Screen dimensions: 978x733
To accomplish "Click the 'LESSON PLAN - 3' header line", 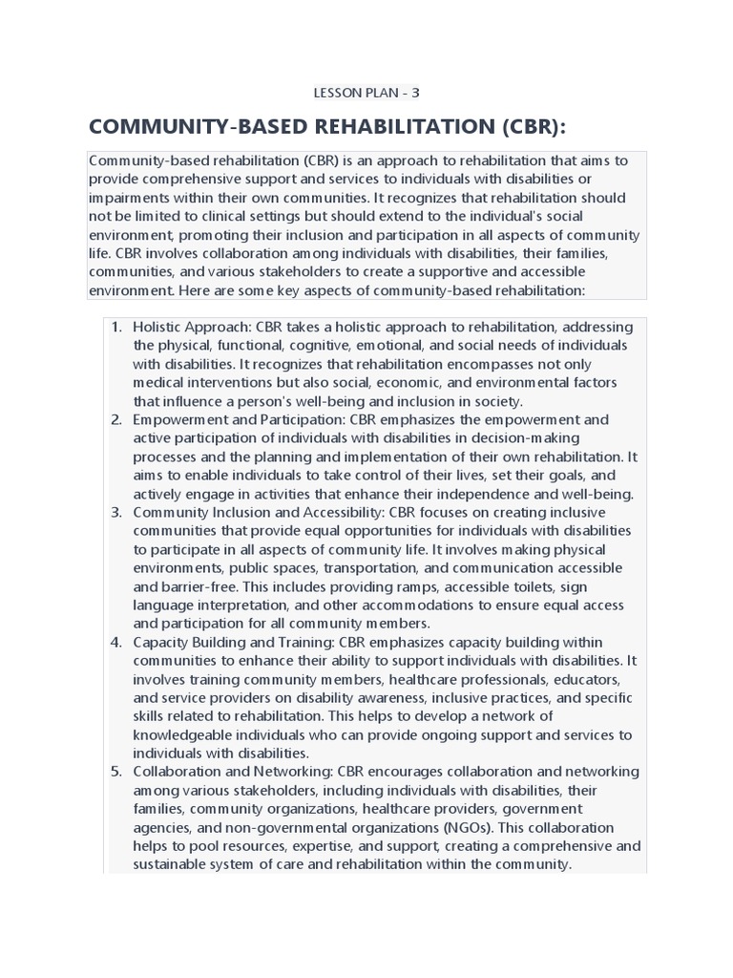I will click(366, 93).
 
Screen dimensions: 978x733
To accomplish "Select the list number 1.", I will click(116, 328).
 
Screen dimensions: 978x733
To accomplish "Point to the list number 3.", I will click(116, 512).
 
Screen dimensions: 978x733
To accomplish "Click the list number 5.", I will click(116, 771).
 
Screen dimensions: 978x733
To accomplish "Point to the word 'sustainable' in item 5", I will click(177, 864).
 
